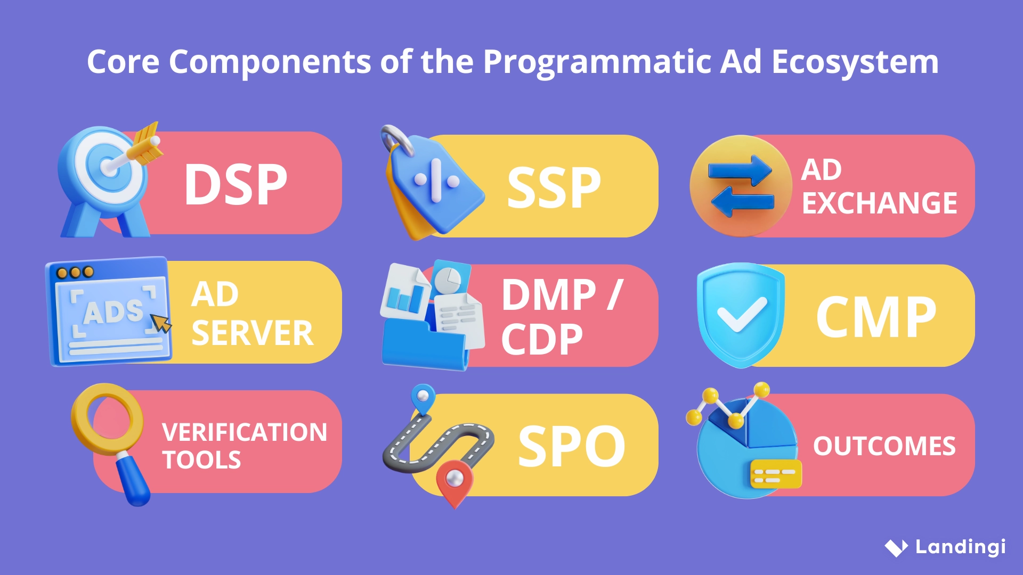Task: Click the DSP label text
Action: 236,185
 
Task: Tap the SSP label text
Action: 554,188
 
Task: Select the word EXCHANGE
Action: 879,203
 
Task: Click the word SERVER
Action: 252,333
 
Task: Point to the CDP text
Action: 541,340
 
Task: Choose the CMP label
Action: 876,317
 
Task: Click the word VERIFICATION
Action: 245,432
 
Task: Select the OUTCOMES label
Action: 884,446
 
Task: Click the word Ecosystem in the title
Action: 855,62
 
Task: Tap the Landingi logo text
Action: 960,547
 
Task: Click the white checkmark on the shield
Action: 742,314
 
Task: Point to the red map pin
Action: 454,481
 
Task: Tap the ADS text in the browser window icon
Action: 113,311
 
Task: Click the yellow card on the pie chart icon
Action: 775,475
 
